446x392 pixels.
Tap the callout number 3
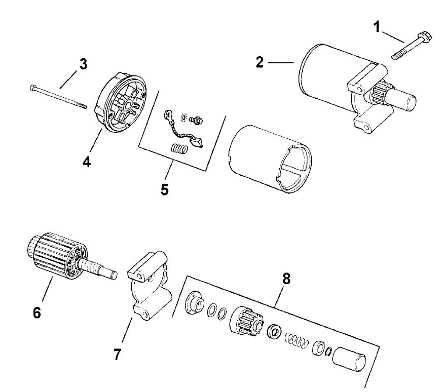(83, 65)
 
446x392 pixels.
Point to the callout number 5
(165, 190)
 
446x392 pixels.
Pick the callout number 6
(37, 313)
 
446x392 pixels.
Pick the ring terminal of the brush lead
(167, 117)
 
